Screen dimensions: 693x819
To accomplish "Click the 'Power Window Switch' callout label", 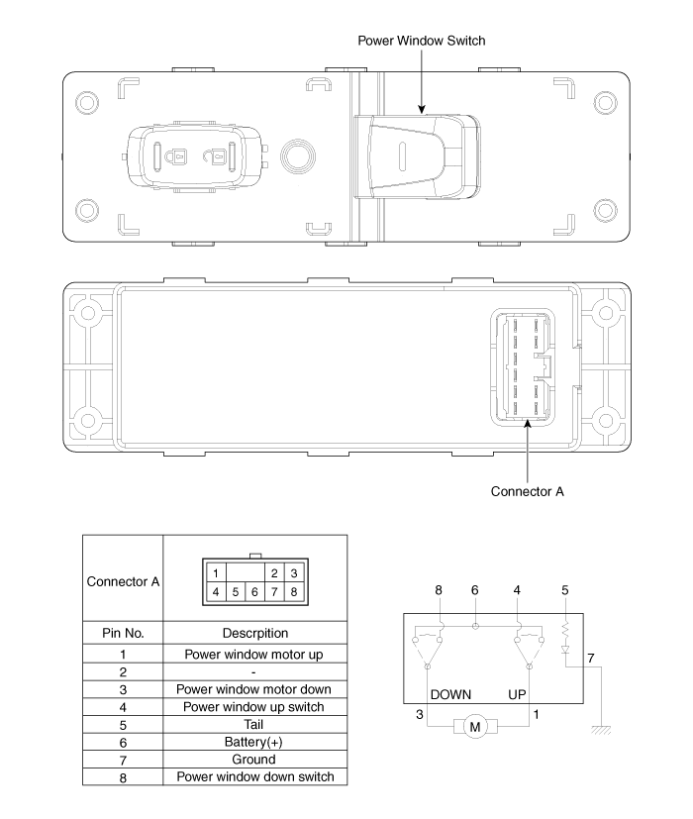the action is coord(422,41).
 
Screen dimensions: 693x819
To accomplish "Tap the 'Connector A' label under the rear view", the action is coord(527,491).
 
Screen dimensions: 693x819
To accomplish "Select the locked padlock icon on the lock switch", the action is coord(175,156).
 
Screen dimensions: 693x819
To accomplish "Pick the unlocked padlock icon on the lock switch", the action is coord(213,155).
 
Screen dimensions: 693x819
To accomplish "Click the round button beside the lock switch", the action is coord(298,156).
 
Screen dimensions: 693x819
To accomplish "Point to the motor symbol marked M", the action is coord(475,727).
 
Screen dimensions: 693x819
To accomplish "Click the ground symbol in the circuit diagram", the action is coord(602,730).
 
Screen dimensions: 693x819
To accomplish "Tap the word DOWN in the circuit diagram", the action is coord(450,694).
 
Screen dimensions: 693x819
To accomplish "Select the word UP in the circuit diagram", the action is coord(517,694).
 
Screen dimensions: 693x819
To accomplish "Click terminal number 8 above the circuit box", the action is coord(439,590).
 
